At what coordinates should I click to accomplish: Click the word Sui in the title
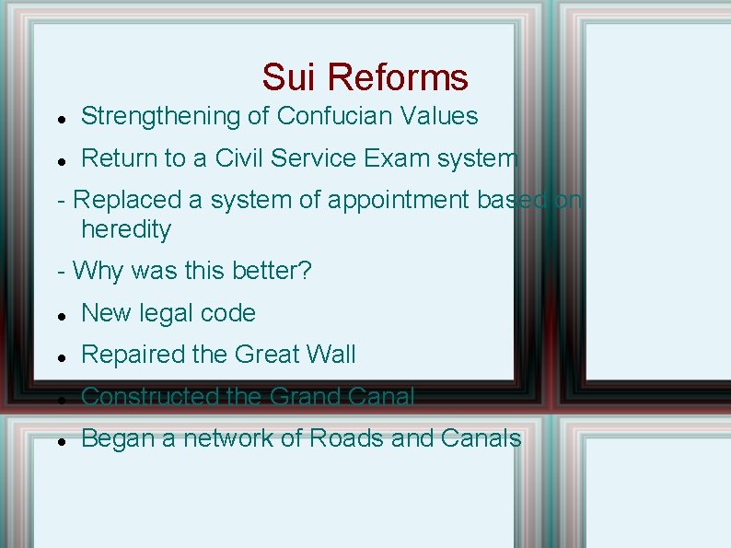point(290,77)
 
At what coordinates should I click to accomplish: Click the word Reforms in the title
point(398,77)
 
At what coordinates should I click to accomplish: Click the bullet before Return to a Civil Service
point(59,160)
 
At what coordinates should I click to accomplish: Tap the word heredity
point(126,229)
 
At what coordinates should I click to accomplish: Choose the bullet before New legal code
point(59,315)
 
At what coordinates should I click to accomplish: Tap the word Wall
point(332,355)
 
